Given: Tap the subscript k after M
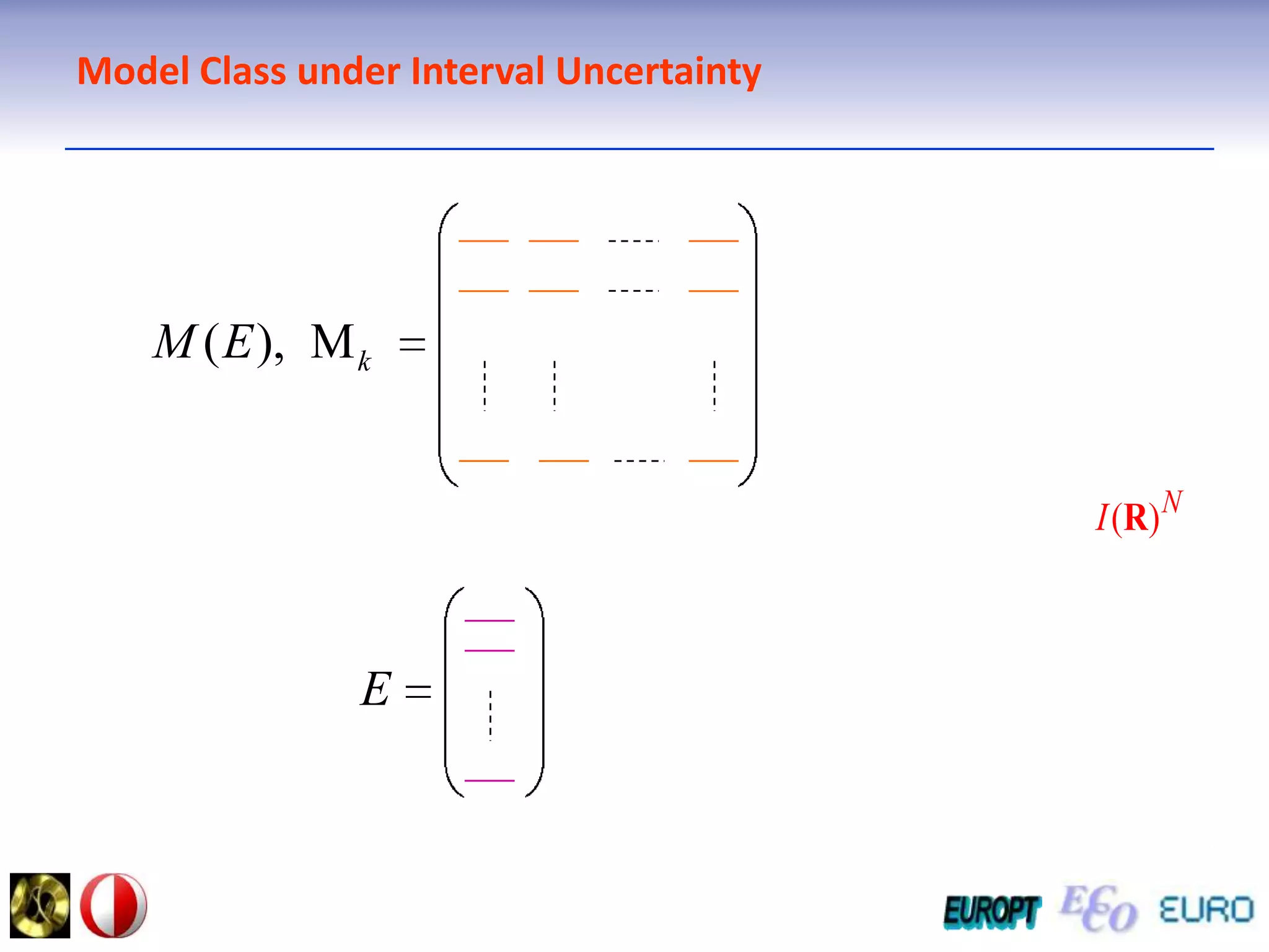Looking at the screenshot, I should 364,361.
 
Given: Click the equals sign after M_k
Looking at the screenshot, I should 412,345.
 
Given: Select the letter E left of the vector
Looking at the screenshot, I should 375,689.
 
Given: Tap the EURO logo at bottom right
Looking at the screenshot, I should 1206,910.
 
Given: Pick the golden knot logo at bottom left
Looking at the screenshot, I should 40,905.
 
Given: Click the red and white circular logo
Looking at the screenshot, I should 114,905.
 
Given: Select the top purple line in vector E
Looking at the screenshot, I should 490,620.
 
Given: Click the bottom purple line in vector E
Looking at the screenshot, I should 490,780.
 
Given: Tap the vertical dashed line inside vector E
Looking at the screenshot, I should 490,716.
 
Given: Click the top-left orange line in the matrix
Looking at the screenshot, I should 483,240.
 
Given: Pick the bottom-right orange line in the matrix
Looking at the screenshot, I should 714,461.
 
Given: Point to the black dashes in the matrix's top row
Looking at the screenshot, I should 633,240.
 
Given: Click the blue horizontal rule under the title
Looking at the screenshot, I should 638,149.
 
